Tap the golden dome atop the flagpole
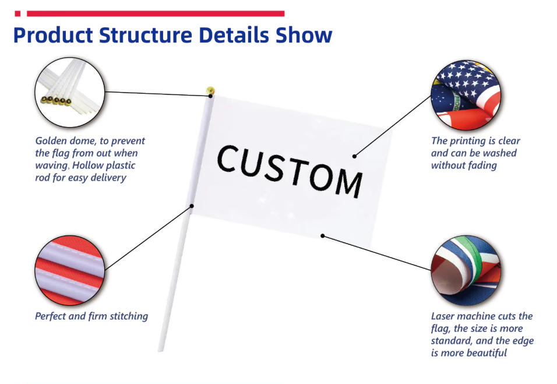[x=210, y=91]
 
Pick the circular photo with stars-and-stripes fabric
[x=466, y=94]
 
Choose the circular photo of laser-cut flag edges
[x=466, y=270]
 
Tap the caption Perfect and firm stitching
[x=91, y=316]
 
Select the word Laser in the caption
[x=443, y=316]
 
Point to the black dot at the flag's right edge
[x=354, y=156]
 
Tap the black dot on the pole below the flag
[x=191, y=205]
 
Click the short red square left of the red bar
[x=17, y=13]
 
